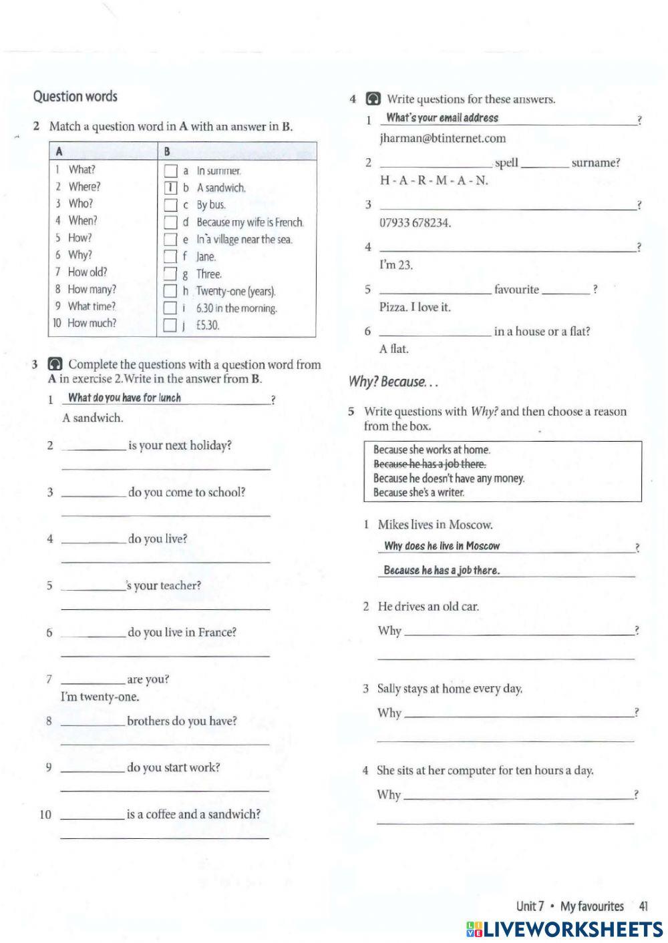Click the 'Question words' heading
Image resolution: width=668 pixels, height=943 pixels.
(75, 97)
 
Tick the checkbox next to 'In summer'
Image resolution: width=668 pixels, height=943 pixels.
(171, 172)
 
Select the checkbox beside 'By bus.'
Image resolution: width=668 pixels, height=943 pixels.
(171, 206)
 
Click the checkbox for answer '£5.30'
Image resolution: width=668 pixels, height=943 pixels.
(171, 326)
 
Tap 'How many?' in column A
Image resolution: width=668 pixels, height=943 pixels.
(92, 290)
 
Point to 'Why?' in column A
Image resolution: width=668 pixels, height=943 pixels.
(80, 255)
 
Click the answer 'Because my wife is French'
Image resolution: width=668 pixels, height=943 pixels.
(249, 222)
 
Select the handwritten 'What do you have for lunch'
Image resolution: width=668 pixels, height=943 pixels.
(124, 398)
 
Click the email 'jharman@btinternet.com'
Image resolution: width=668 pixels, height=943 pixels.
(442, 139)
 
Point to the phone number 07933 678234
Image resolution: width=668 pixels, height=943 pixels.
(415, 223)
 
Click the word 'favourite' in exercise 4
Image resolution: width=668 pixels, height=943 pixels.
(516, 290)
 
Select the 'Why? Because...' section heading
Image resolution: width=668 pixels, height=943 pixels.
(393, 382)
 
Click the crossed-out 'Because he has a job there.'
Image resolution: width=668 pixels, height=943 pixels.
(430, 464)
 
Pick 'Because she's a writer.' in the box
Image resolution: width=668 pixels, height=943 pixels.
(418, 493)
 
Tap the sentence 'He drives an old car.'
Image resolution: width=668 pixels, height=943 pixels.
(428, 607)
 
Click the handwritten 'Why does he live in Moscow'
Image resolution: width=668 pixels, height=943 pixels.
(442, 546)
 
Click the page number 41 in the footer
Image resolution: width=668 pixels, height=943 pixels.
(643, 906)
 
